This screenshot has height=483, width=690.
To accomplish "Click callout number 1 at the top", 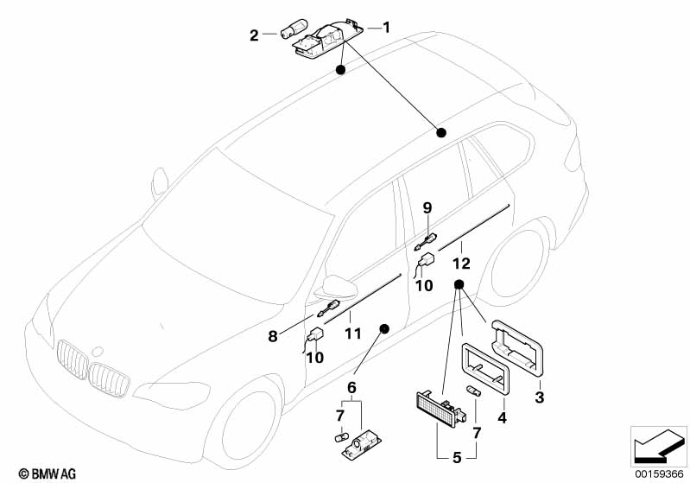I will tap(386, 28).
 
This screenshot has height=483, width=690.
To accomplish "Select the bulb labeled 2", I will tap(282, 35).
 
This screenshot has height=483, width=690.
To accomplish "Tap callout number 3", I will tap(540, 397).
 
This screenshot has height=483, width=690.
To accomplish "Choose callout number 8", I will tap(273, 337).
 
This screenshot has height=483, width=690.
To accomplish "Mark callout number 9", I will tap(426, 207).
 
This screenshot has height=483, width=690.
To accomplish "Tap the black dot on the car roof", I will tap(441, 132).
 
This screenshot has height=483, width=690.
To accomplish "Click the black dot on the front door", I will tap(383, 328).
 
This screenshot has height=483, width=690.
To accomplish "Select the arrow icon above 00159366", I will tap(658, 446).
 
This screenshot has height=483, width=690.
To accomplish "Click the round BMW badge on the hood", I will tap(98, 353).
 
